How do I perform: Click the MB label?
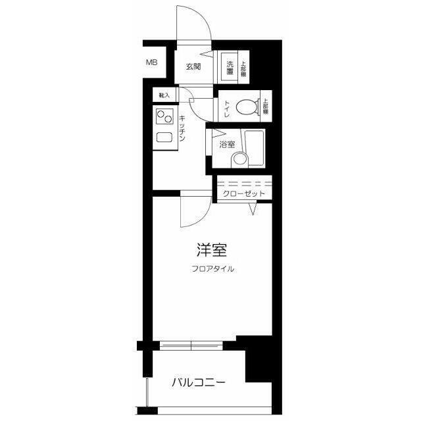[151, 63]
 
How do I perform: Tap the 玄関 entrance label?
[193, 66]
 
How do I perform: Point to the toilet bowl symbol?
[247, 107]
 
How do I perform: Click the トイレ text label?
[227, 109]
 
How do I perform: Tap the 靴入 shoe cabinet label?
[164, 96]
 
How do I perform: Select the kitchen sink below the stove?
[163, 139]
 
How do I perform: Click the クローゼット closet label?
[243, 194]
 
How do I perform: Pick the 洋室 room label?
[212, 251]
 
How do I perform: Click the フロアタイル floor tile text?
[212, 268]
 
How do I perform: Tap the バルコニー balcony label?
[199, 382]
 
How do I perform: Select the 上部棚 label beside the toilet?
[265, 107]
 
